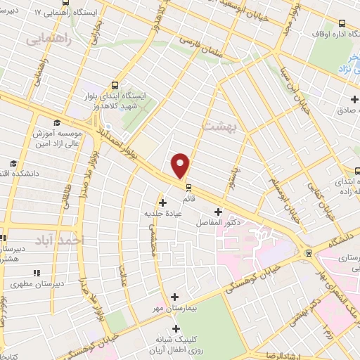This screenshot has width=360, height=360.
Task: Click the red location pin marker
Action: pyautogui.click(x=181, y=165)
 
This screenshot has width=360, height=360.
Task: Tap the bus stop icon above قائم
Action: pyautogui.click(x=188, y=186)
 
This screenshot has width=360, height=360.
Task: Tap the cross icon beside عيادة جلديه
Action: pyautogui.click(x=163, y=202)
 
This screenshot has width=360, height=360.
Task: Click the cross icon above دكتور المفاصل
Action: pyautogui.click(x=218, y=212)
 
